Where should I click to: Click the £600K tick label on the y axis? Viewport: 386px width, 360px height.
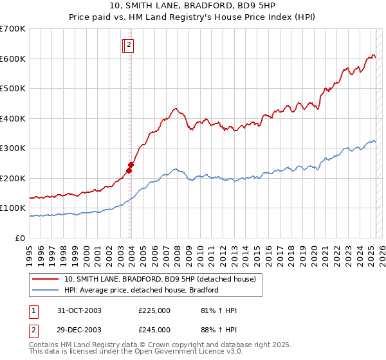pos(13,59)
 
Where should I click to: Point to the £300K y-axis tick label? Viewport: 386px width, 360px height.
pos(13,148)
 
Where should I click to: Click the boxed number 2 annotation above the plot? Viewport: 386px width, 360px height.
pos(129,45)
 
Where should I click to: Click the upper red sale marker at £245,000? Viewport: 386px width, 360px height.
pos(131,165)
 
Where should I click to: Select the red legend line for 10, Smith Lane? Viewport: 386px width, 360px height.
pos(46,279)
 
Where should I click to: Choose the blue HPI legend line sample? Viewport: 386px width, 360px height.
pos(46,290)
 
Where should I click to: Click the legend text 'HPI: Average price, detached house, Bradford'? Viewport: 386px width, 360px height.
pos(142,290)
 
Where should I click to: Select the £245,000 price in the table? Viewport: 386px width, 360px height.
pos(154,330)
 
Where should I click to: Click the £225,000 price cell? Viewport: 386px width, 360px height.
pos(154,310)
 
